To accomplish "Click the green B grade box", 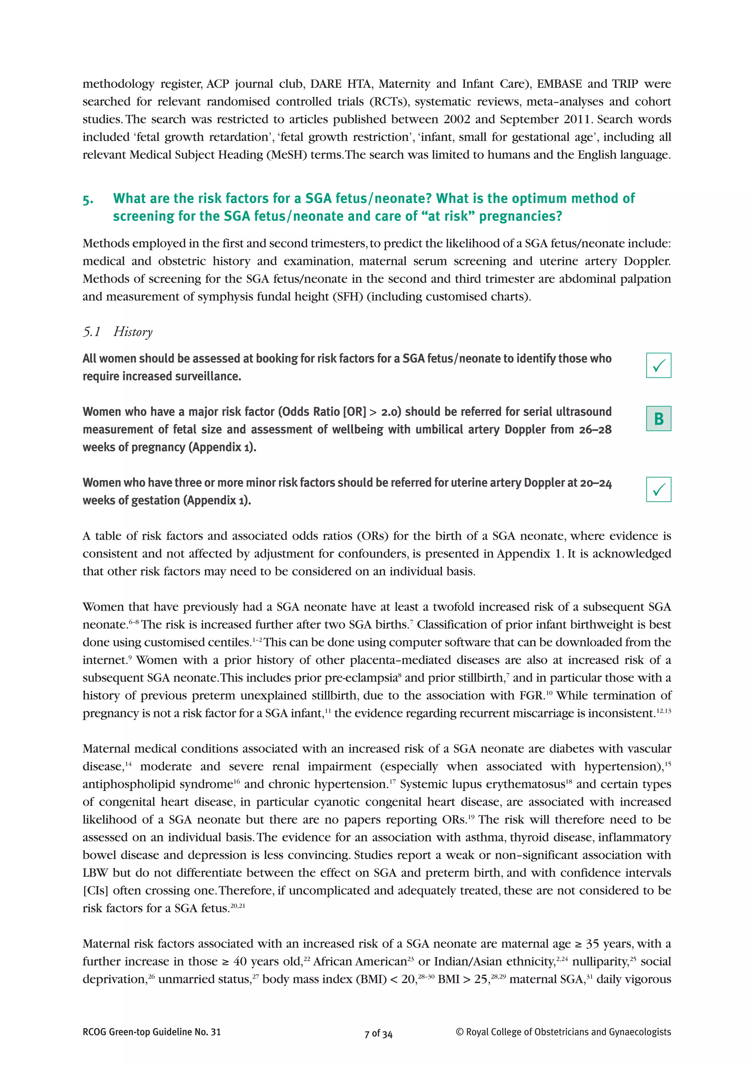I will click(658, 418).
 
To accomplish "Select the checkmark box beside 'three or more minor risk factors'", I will click(658, 489).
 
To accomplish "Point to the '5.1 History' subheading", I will click(117, 332).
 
